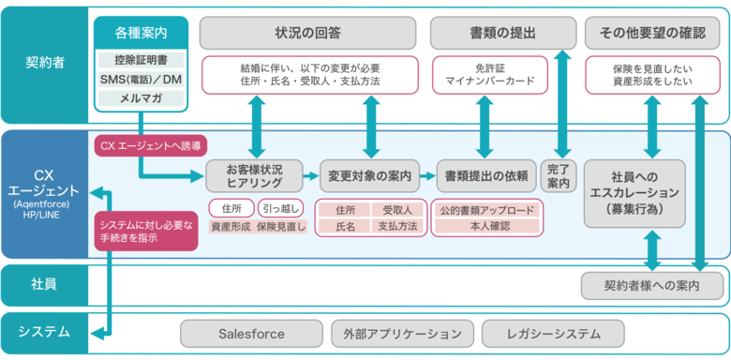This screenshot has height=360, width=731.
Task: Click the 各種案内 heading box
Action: pyautogui.click(x=141, y=32)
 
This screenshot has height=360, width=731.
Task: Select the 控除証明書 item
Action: pyautogui.click(x=141, y=60)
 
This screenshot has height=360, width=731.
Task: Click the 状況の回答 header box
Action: pyautogui.click(x=307, y=33)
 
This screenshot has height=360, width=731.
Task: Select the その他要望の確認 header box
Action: pyautogui.click(x=651, y=33)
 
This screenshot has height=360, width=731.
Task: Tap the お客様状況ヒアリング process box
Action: pyautogui.click(x=253, y=176)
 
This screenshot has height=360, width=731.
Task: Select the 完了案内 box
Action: pyautogui.click(x=558, y=176)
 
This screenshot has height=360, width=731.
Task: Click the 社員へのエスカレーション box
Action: pyautogui.click(x=634, y=192)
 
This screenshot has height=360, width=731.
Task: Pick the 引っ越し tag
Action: pyautogui.click(x=280, y=209)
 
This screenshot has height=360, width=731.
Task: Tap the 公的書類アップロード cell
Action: pyautogui.click(x=486, y=209)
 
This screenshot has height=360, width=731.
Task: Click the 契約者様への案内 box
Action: pyautogui.click(x=652, y=284)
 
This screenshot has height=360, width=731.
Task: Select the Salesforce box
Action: pyautogui.click(x=250, y=333)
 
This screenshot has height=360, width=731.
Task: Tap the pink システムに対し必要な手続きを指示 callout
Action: pyautogui.click(x=146, y=231)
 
